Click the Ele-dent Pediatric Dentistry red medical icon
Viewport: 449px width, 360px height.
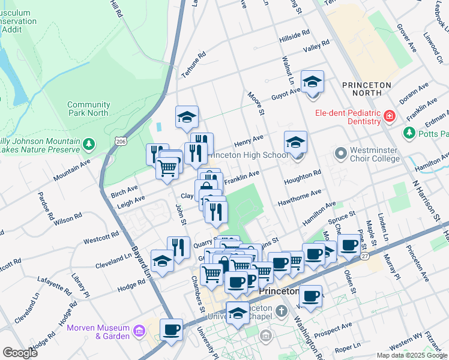point(389,116)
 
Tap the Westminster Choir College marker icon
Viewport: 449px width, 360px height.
point(341,154)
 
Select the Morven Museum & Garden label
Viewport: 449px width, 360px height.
point(98,332)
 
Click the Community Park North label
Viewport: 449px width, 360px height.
point(88,109)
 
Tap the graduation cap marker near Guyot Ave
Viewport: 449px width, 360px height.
point(312,82)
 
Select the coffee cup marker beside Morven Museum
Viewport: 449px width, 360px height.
point(171,329)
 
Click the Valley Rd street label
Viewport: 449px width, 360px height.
point(316,46)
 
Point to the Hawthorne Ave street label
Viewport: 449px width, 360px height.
point(299,197)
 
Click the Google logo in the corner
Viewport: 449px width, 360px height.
point(20,352)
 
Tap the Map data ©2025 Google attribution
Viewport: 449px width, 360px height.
point(411,355)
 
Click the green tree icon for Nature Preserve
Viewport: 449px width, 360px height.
point(89,143)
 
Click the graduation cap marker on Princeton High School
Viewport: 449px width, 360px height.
point(295,142)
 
